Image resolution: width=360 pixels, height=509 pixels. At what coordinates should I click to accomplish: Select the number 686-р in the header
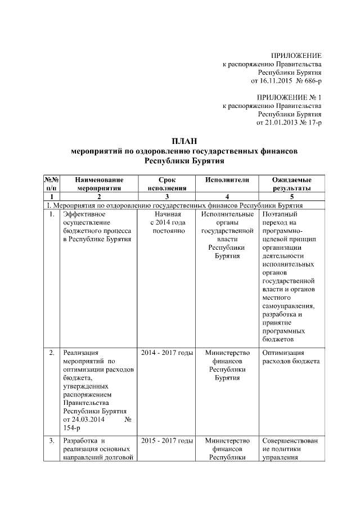coord(310,82)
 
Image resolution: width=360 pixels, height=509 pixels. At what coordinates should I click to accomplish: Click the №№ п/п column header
coord(51,183)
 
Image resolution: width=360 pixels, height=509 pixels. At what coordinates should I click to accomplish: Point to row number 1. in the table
coord(51,214)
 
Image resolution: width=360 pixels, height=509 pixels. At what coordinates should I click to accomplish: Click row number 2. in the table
coord(51,353)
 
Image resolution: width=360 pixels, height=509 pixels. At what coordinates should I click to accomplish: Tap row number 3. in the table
coord(51,440)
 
